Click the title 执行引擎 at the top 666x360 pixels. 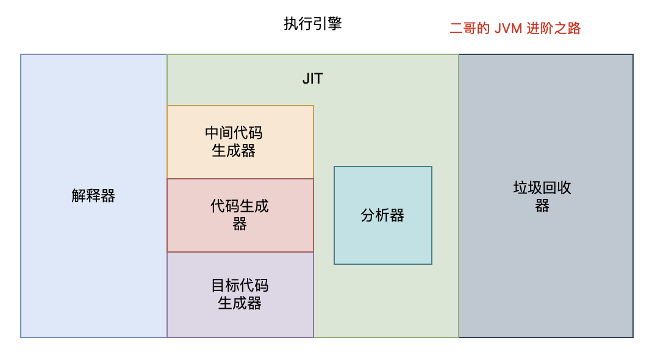pyautogui.click(x=313, y=23)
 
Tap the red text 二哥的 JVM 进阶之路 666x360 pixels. pyautogui.click(x=515, y=28)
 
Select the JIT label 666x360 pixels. pyautogui.click(x=313, y=79)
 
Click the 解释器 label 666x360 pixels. pyautogui.click(x=93, y=195)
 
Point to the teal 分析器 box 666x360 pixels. pyautogui.click(x=382, y=215)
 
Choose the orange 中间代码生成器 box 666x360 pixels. pyautogui.click(x=240, y=142)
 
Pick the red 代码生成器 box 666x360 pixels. pyautogui.click(x=240, y=215)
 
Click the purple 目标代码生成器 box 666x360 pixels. pyautogui.click(x=240, y=295)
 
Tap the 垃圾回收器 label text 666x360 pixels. pyautogui.click(x=542, y=196)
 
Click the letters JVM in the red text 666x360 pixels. pyautogui.click(x=508, y=29)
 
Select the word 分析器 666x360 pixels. pyautogui.click(x=382, y=215)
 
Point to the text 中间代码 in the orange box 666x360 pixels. pyautogui.click(x=234, y=133)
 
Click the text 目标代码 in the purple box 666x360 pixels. pyautogui.click(x=240, y=285)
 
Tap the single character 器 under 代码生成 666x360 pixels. pyautogui.click(x=240, y=224)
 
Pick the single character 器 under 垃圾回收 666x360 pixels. pyautogui.click(x=542, y=206)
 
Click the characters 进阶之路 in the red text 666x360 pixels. pyautogui.click(x=553, y=28)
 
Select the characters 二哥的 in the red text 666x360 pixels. pyautogui.click(x=470, y=28)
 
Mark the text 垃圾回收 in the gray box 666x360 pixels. pyautogui.click(x=542, y=187)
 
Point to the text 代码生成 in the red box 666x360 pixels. pyautogui.click(x=240, y=206)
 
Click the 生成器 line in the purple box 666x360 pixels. pyautogui.click(x=240, y=303)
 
